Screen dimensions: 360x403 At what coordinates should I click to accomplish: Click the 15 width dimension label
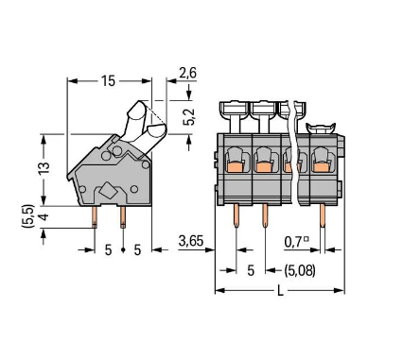(109, 82)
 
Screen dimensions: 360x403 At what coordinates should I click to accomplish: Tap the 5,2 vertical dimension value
(190, 116)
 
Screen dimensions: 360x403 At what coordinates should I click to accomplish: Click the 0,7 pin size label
(296, 243)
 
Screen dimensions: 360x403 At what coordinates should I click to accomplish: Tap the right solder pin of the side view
(123, 218)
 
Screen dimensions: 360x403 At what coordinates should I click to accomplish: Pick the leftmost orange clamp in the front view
(234, 164)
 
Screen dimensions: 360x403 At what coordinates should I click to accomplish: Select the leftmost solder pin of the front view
(235, 218)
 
